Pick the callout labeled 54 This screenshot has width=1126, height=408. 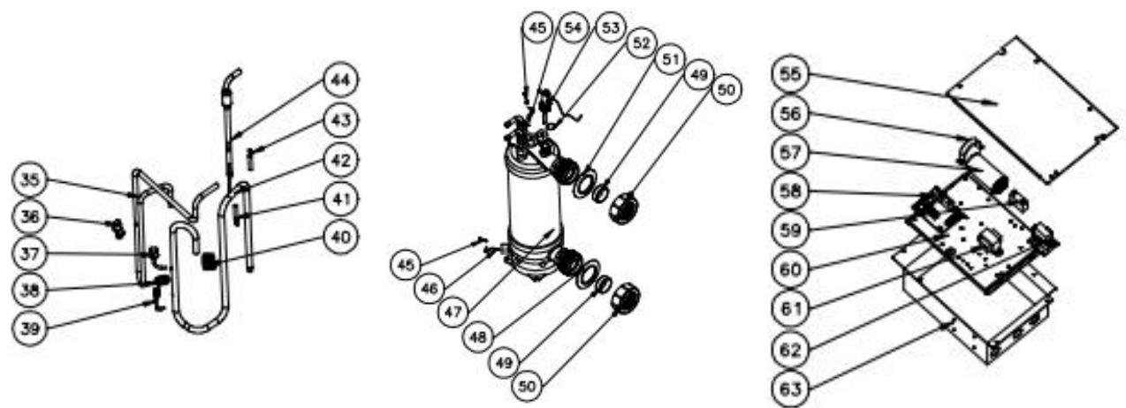point(575,28)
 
